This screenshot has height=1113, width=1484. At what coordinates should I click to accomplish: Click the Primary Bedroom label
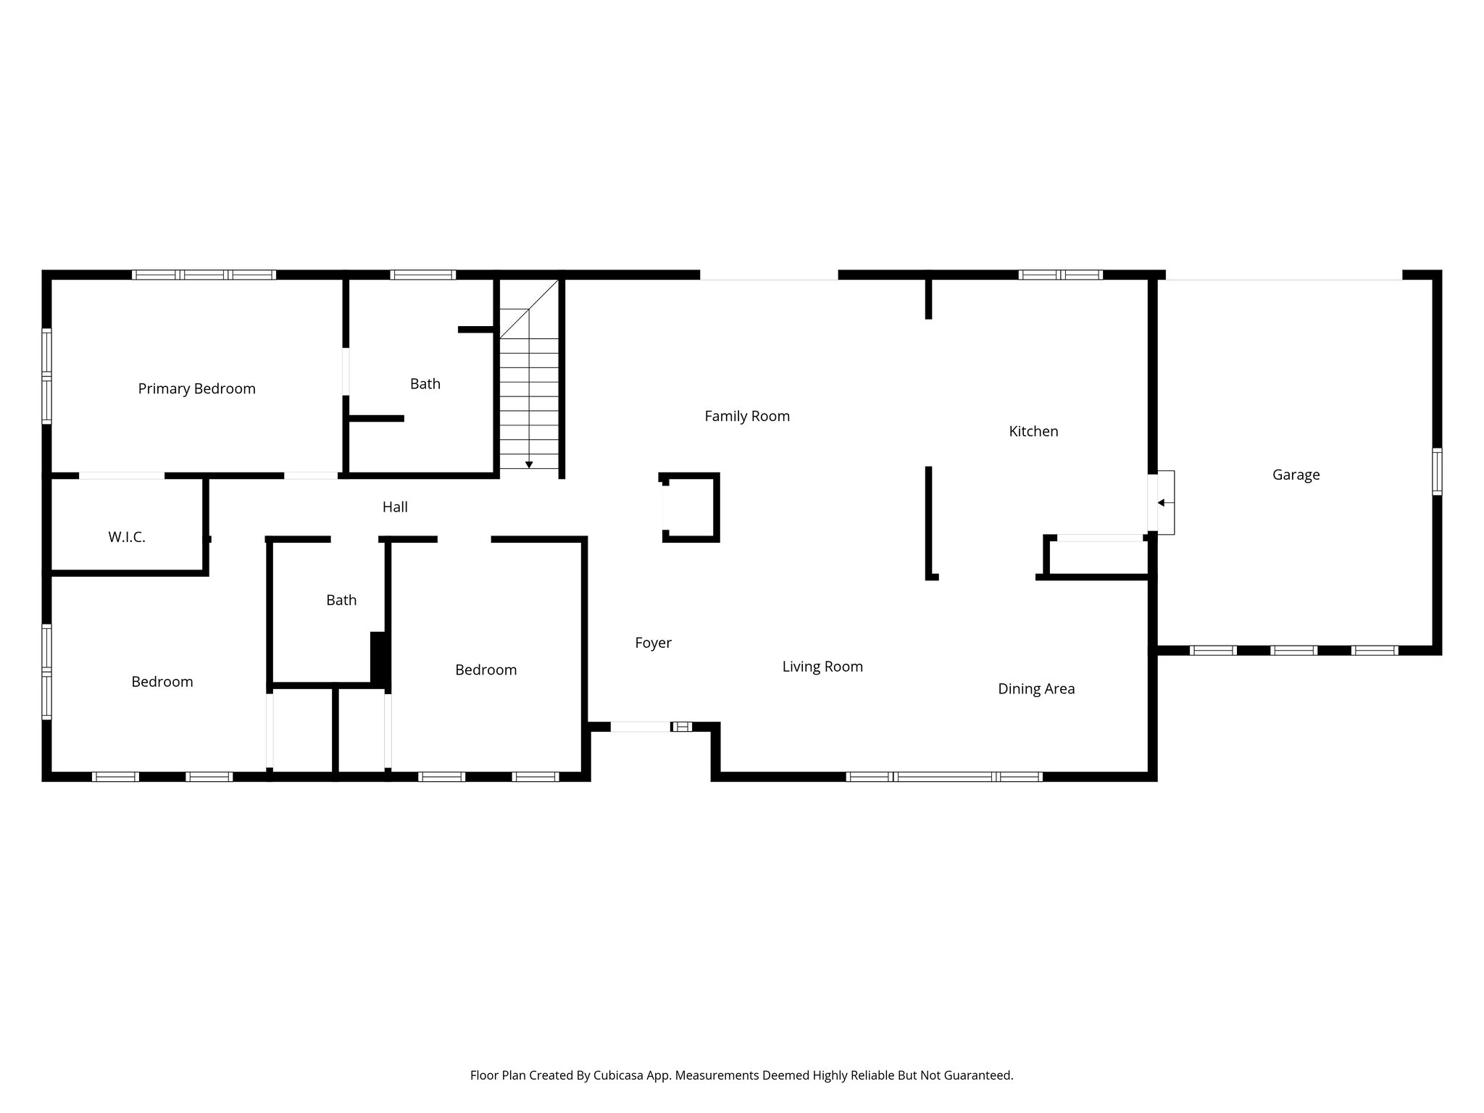196,389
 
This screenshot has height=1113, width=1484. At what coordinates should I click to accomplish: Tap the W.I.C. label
127,537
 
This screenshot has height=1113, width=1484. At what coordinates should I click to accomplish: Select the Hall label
395,507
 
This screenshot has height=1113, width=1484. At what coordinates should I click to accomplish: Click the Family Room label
747,416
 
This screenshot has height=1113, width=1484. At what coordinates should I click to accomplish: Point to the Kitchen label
1033,431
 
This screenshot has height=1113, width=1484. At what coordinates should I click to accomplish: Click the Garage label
1296,475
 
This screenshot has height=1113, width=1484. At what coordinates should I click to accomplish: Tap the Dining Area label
1036,689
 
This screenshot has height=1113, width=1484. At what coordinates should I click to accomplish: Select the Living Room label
822,667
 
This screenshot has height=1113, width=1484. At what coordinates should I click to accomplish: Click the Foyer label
653,643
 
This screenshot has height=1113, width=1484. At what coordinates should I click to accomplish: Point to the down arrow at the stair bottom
529,464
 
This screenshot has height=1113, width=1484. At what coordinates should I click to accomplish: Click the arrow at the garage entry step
1161,503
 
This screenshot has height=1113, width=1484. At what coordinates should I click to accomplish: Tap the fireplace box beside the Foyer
690,507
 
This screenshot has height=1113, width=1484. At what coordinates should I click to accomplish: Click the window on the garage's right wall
1436,471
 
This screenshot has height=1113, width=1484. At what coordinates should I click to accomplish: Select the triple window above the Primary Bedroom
204,275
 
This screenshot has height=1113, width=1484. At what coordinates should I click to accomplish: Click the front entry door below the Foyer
641,726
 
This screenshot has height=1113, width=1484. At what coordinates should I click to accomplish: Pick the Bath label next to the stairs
425,384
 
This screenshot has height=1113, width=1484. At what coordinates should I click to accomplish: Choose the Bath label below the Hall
341,600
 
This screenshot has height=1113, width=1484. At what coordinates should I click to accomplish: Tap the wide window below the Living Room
944,776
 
